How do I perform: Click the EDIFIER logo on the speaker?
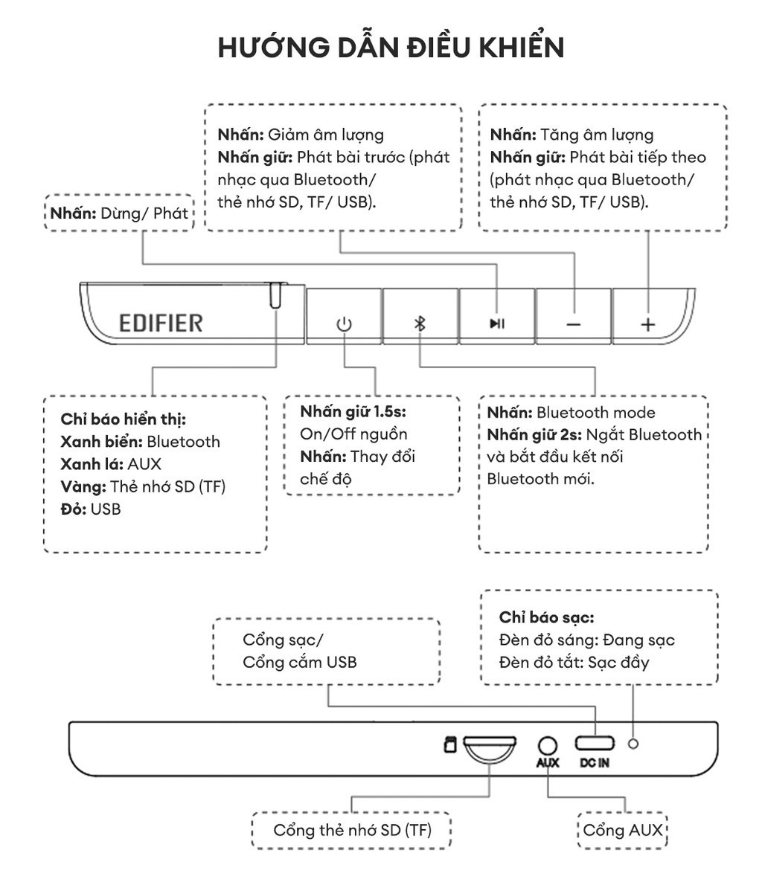click(x=161, y=323)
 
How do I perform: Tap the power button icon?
click(x=344, y=324)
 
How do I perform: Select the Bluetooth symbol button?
click(x=420, y=324)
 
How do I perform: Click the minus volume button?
click(x=573, y=324)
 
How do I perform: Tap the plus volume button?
click(x=649, y=324)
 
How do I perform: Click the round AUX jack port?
click(x=548, y=744)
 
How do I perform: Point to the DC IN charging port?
click(x=595, y=743)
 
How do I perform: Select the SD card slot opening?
click(x=489, y=743)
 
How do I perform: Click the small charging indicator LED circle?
click(x=633, y=743)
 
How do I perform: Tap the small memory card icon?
click(x=449, y=744)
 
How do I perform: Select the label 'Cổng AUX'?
click(x=623, y=830)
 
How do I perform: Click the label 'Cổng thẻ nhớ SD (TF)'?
click(x=352, y=830)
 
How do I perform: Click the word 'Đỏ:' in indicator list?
click(x=74, y=509)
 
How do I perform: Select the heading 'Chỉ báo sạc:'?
click(x=546, y=617)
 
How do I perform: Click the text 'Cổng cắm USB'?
click(x=299, y=662)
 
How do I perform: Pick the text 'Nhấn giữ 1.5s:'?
click(x=353, y=411)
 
